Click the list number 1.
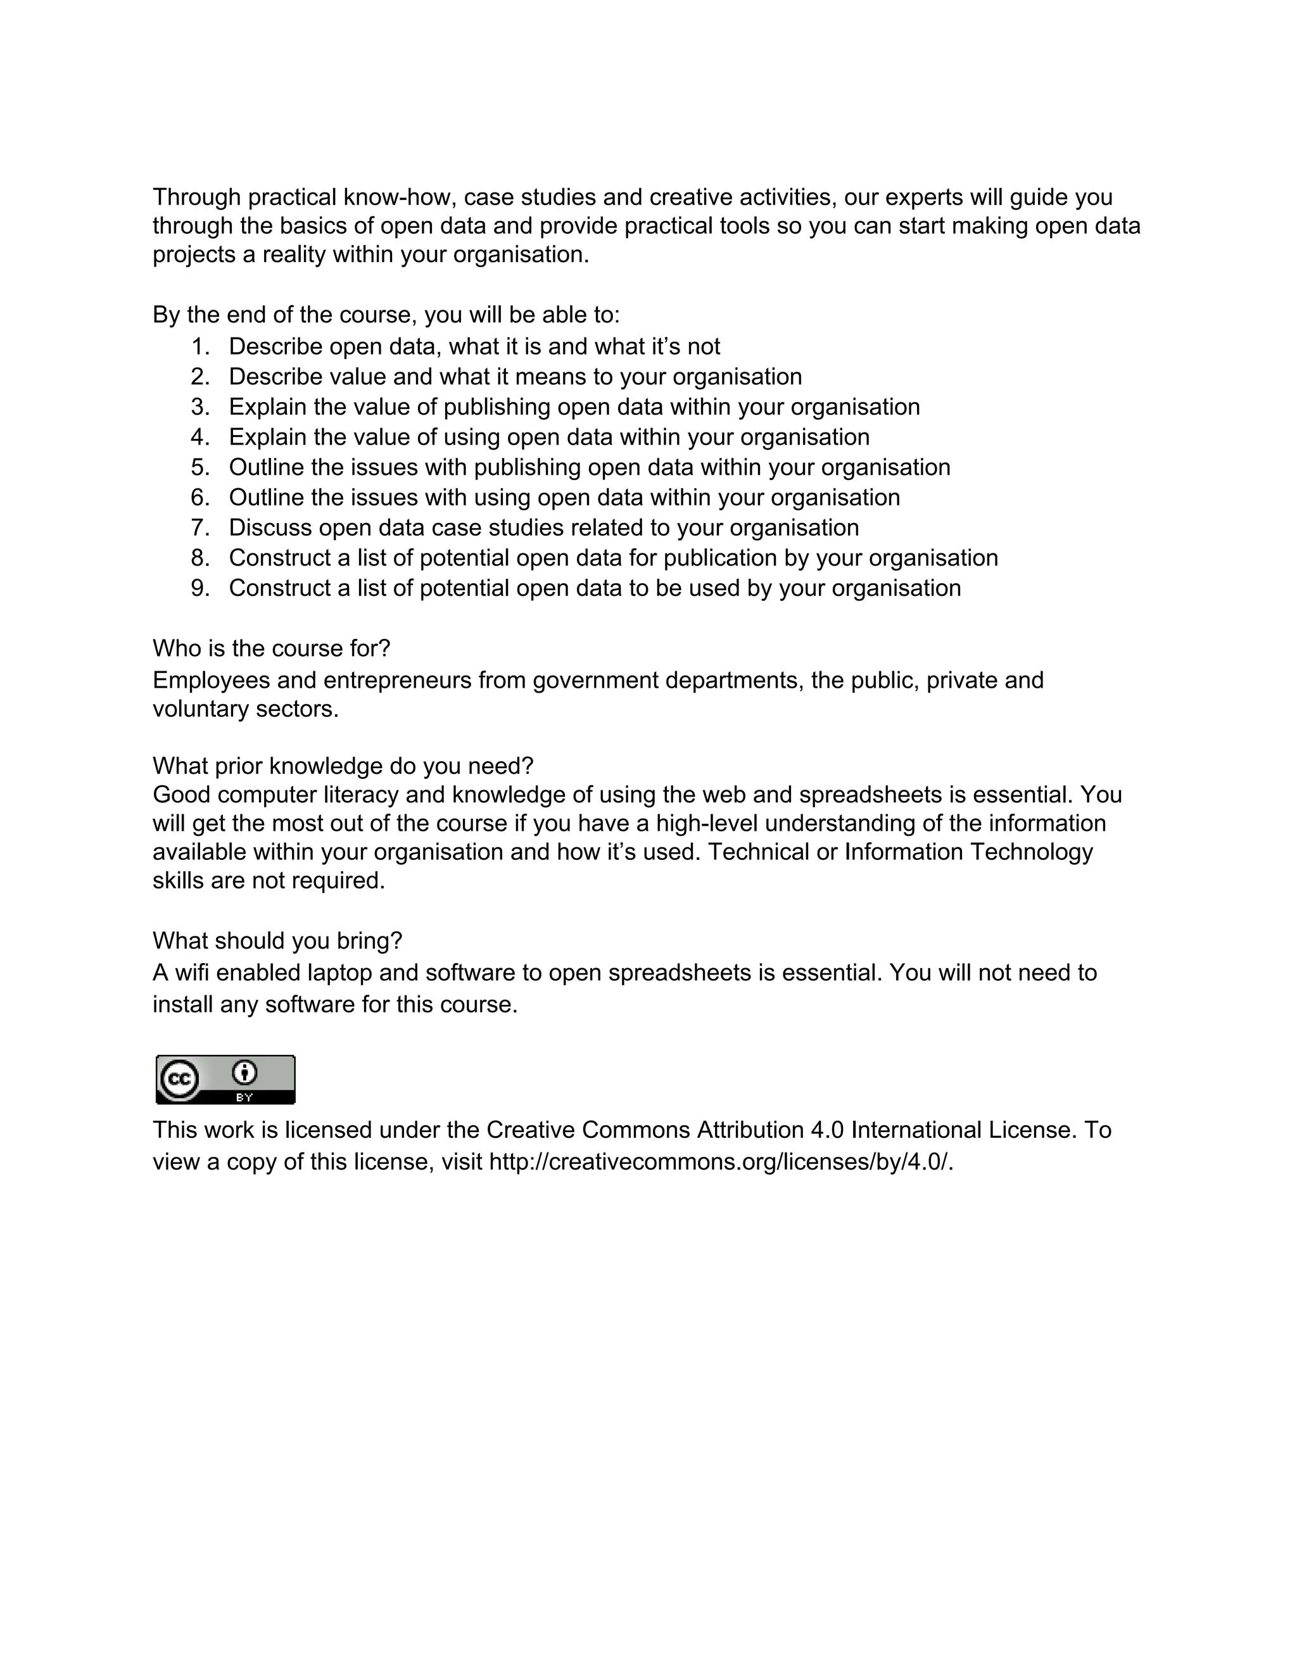199,347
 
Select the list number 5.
199,468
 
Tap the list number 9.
199,588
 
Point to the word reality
293,255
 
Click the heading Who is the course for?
271,649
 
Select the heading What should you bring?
277,941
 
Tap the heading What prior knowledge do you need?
343,767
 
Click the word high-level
706,824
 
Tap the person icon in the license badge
244,1073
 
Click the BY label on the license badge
244,1098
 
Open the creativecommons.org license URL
721,1162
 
